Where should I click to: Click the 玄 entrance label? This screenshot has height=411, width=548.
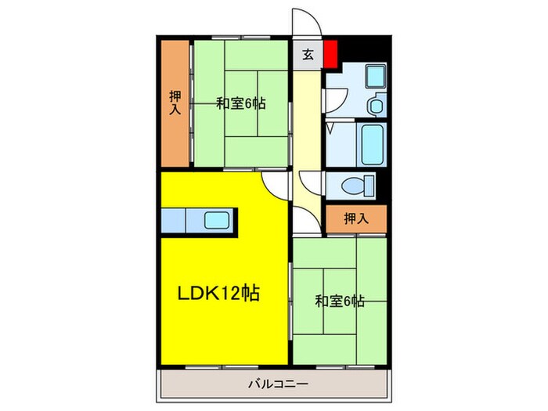click(308, 55)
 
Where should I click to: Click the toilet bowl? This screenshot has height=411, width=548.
click(359, 186)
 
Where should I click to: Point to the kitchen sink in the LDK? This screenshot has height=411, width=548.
click(218, 220)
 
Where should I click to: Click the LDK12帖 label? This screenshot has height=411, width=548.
click(218, 294)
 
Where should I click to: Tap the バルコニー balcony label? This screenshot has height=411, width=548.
click(278, 384)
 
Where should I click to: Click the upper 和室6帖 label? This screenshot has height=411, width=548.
click(240, 103)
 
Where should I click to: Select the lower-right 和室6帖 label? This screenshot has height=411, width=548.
click(340, 300)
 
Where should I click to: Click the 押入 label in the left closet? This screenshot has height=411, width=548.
click(175, 103)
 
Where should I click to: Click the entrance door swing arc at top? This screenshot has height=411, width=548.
click(301, 22)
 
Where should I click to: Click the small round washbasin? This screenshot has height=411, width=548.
click(373, 104)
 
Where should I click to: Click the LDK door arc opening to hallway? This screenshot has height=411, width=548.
click(276, 185)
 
